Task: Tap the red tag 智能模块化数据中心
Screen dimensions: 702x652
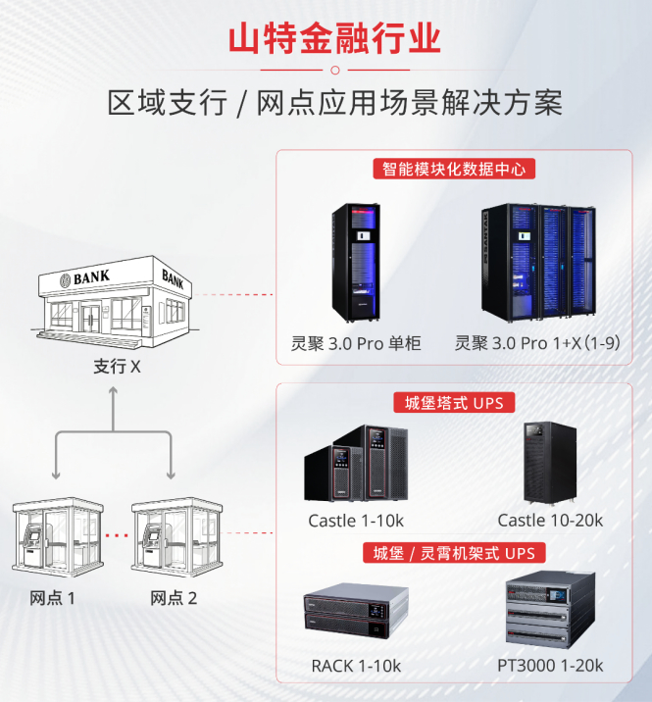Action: [x=453, y=169]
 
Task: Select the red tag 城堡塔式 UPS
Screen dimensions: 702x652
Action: [x=453, y=403]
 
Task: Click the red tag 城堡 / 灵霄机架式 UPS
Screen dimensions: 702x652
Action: [x=453, y=553]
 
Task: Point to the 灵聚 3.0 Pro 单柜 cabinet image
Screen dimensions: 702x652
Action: [x=356, y=263]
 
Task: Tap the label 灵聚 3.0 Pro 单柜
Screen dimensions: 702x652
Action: [x=356, y=343]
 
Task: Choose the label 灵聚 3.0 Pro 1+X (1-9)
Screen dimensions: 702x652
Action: [x=538, y=343]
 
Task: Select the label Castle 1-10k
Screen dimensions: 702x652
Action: [x=356, y=521]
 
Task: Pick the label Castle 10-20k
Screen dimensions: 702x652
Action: [x=550, y=521]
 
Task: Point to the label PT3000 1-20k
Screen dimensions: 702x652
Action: [x=550, y=667]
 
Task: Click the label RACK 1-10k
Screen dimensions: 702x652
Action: [x=356, y=667]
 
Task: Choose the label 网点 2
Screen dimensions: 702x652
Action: [x=174, y=598]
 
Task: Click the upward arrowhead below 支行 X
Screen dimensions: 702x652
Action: [x=114, y=391]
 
